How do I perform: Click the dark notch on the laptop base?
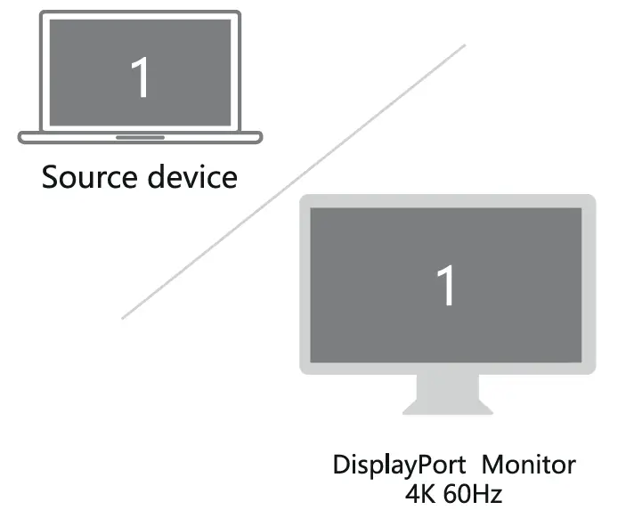(140, 137)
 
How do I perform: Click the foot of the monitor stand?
(447, 409)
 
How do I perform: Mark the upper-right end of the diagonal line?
(465, 45)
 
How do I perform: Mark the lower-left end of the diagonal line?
(122, 318)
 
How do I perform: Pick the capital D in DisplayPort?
(341, 465)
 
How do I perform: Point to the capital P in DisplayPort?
(418, 465)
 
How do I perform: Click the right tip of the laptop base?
(261, 137)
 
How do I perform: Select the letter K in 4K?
(428, 491)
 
